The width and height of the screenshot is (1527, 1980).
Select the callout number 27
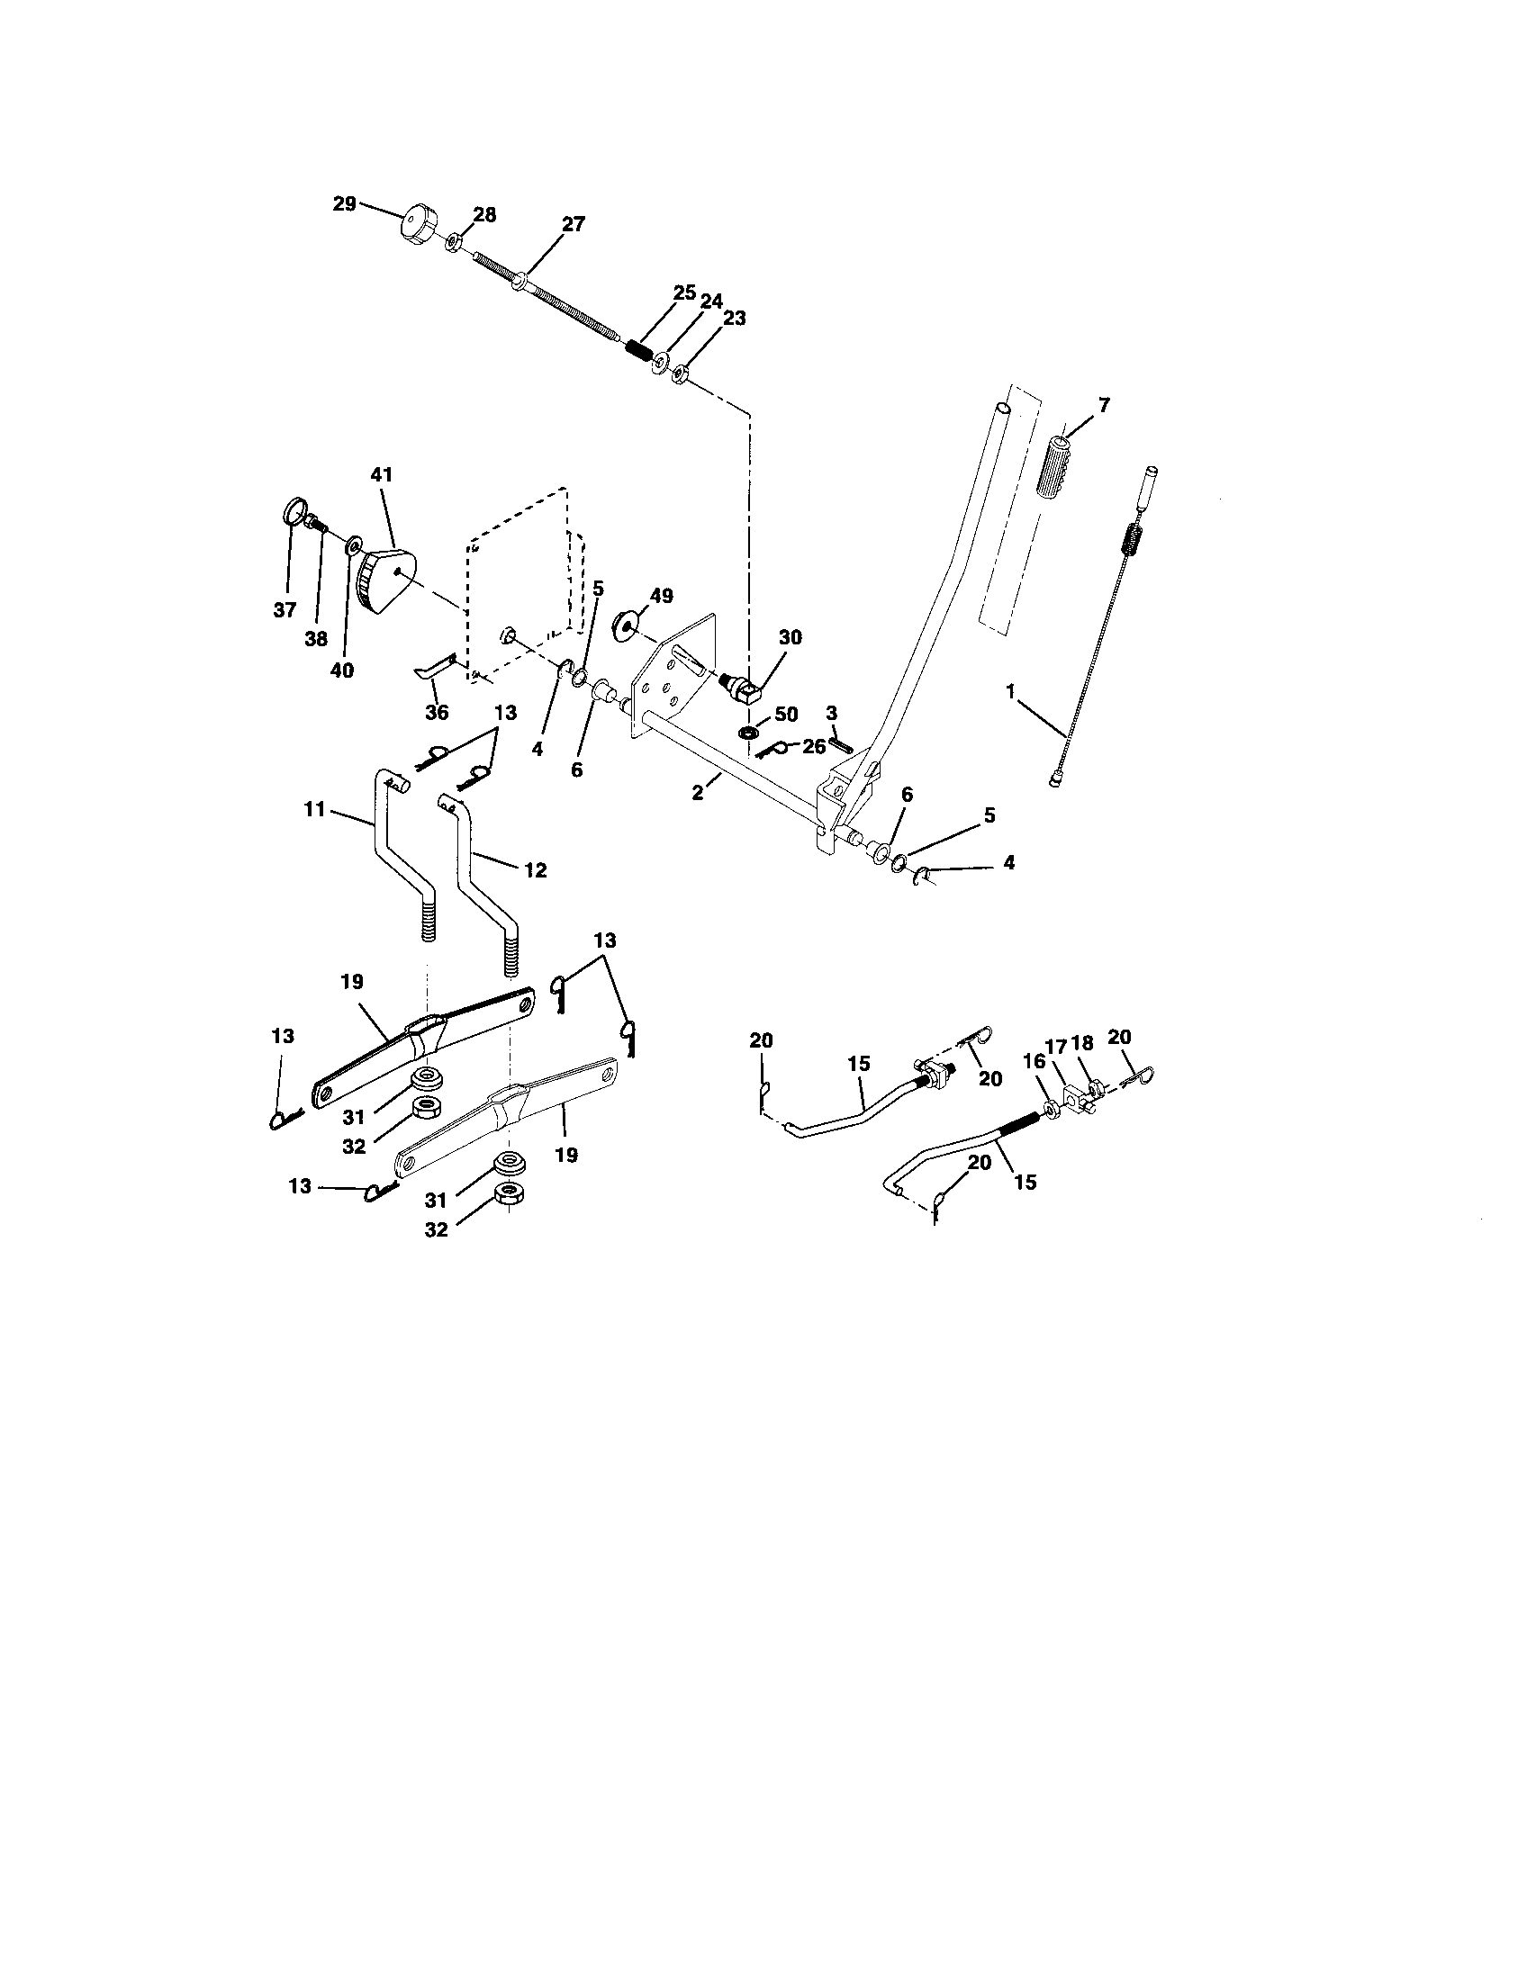[x=574, y=224]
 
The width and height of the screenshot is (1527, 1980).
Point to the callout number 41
[x=382, y=474]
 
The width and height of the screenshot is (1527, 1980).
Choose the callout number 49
[x=662, y=596]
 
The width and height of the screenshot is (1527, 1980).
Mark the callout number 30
[x=790, y=637]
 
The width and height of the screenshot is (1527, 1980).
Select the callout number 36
[x=437, y=713]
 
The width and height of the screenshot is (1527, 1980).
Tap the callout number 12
[x=535, y=869]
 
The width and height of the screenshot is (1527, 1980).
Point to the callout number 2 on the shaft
[x=697, y=791]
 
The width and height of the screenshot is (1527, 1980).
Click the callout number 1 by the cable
[x=1009, y=691]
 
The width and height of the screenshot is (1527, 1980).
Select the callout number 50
[x=785, y=715]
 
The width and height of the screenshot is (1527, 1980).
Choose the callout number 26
[x=814, y=747]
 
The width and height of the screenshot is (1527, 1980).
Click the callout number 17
[x=1056, y=1044]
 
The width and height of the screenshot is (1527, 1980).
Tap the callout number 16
[x=1034, y=1062]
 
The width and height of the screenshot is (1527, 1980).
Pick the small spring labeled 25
[x=641, y=347]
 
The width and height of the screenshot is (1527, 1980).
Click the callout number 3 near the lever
[x=832, y=713]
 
